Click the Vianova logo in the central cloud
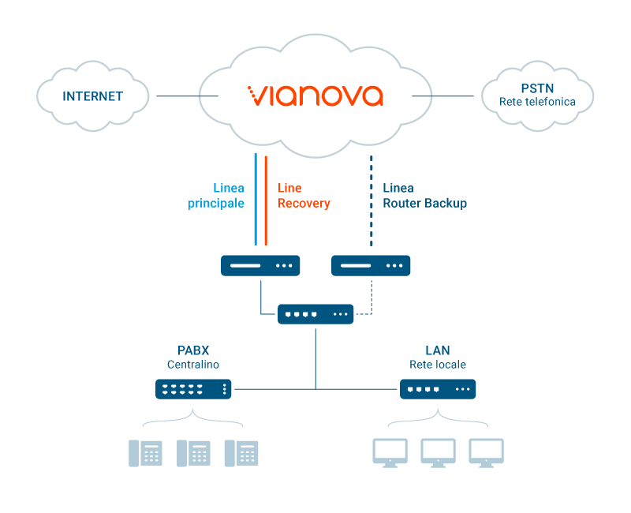pos(315,95)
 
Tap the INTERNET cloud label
pos(92,96)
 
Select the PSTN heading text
pos(537,88)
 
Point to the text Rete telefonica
pos(537,102)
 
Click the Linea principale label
pos(216,195)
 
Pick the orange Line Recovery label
pos(304,195)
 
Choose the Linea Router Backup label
pos(424,195)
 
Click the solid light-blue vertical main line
pos(256,199)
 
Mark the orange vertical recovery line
pos(266,200)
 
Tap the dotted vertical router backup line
pos(371,200)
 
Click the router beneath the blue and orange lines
pos(260,265)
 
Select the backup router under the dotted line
pos(371,265)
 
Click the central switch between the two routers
pos(315,314)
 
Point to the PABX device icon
pos(193,389)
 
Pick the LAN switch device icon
pos(438,389)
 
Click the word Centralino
pos(193,365)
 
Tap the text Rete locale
pos(438,365)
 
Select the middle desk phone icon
pos(193,453)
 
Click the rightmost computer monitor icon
pos(487,453)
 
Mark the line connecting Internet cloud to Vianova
pos(187,95)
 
